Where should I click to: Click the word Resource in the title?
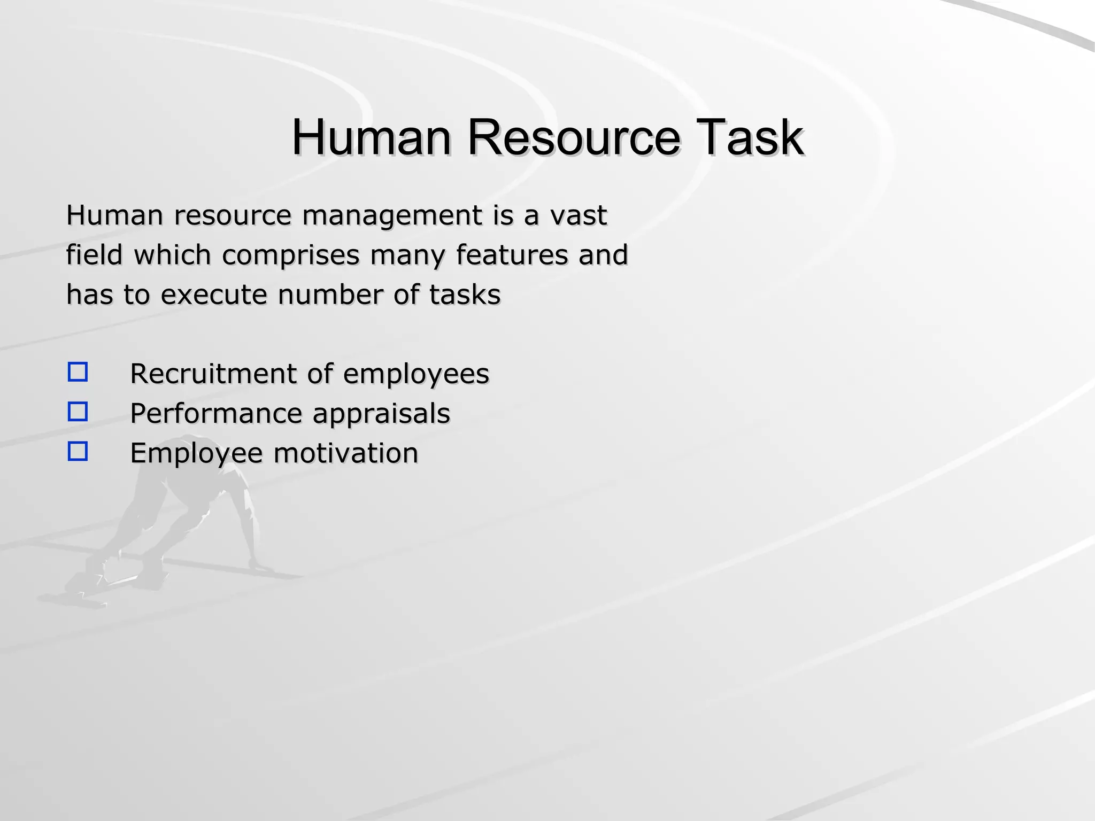[x=573, y=137]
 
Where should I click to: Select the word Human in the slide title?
[x=371, y=137]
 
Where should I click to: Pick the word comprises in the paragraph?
[x=290, y=255]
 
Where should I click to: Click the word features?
[x=512, y=254]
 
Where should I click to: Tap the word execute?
[x=213, y=295]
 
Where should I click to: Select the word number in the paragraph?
[x=330, y=295]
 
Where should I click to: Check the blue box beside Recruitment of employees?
[x=78, y=372]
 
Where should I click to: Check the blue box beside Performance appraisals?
[x=78, y=412]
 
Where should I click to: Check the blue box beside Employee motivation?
[x=78, y=452]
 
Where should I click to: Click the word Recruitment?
[x=213, y=374]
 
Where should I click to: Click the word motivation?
[x=345, y=453]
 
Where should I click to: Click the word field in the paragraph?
[x=94, y=254]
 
